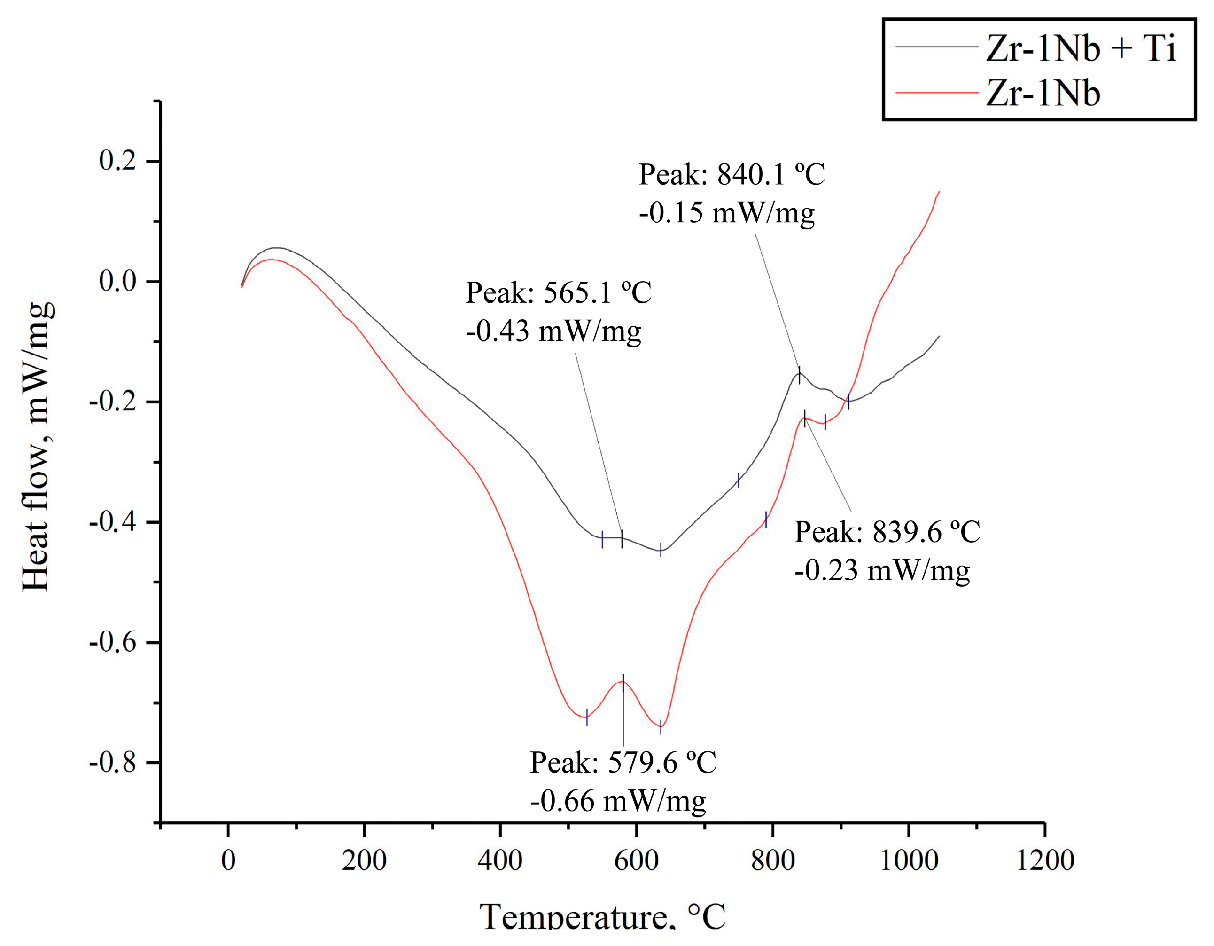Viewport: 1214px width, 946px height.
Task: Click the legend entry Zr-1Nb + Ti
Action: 1081,48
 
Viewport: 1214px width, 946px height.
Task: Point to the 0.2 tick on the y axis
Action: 117,160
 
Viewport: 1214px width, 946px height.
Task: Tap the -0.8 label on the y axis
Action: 112,763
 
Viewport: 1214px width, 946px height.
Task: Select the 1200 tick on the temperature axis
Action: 1044,860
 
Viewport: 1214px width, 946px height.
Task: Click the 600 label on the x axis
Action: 636,860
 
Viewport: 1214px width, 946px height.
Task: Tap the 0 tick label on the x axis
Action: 228,860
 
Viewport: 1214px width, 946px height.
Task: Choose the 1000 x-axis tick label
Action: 908,860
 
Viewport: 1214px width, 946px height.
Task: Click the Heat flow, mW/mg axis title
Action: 38,448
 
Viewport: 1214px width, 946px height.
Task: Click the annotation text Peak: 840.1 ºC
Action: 731,174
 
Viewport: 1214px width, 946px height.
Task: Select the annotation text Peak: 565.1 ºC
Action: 558,292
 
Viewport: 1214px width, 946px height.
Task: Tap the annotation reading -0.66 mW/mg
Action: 617,801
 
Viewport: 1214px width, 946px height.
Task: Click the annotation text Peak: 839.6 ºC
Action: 887,532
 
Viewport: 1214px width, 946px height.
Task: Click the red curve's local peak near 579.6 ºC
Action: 623,682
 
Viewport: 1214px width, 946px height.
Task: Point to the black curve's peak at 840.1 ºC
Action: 799,374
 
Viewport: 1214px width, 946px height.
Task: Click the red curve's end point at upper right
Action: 939,192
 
